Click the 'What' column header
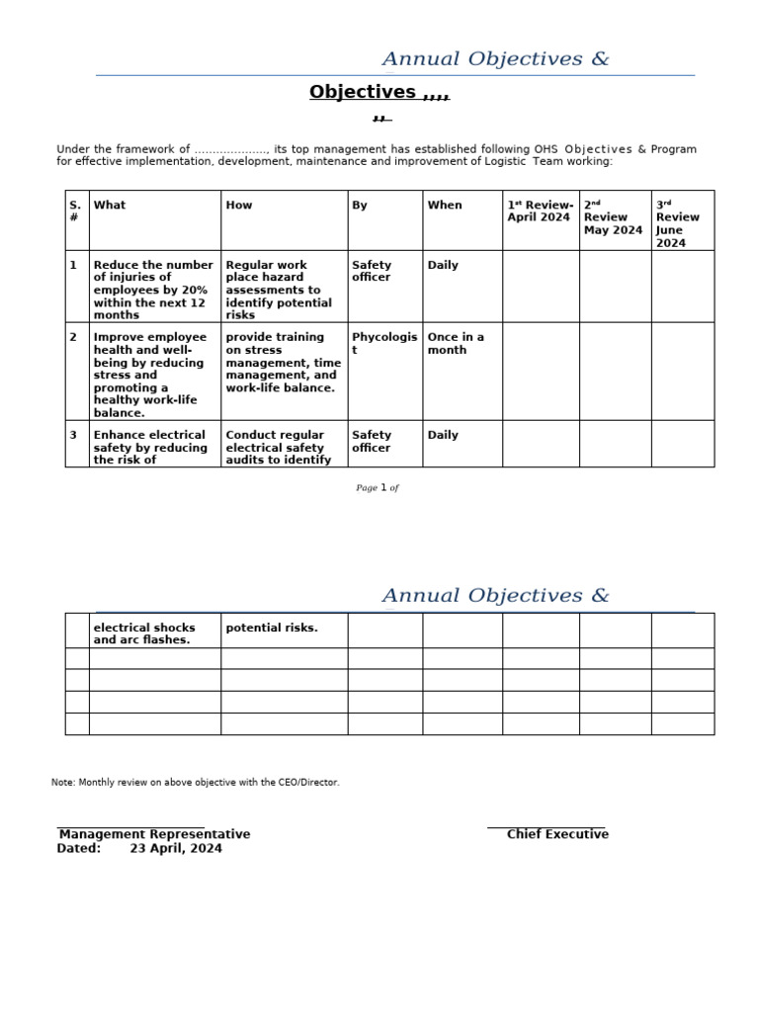(110, 206)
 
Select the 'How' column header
(239, 206)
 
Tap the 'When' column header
(445, 206)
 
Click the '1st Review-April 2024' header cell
(540, 211)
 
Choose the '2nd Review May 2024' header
(613, 217)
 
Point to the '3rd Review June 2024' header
(679, 223)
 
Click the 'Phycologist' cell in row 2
(383, 343)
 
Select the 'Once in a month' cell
(456, 343)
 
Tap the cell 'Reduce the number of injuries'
(153, 290)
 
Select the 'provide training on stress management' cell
(283, 362)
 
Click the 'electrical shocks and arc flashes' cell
(144, 633)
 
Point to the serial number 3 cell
(73, 436)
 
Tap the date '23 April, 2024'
(176, 848)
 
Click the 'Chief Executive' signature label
(557, 834)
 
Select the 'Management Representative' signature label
(155, 834)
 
